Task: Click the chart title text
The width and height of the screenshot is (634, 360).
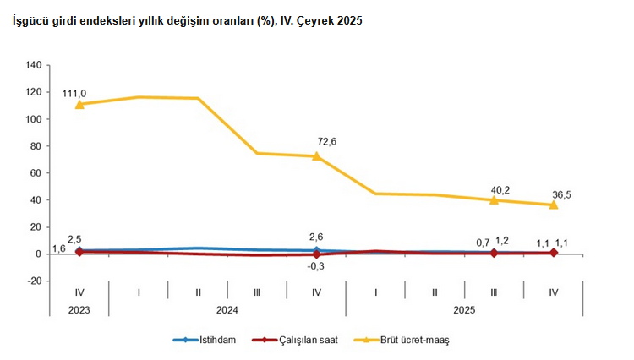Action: [x=187, y=21]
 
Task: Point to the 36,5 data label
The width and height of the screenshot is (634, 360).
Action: [x=560, y=194]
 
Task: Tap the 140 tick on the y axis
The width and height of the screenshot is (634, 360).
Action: [x=34, y=65]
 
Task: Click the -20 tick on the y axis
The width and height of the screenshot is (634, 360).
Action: [x=34, y=281]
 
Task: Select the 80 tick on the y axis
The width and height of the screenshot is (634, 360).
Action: [x=36, y=146]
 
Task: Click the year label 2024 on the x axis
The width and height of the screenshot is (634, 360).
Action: [x=227, y=310]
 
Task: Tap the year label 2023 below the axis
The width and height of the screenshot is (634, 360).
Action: [x=79, y=310]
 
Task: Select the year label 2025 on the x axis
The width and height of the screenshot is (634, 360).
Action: [x=463, y=310]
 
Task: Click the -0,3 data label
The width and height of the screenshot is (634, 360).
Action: [x=315, y=266]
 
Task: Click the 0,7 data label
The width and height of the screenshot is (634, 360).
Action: [x=484, y=243]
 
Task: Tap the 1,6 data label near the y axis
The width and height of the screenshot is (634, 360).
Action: [x=59, y=248]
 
